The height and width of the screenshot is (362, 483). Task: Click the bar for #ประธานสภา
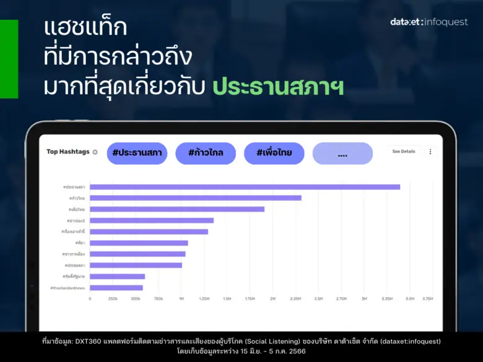245,187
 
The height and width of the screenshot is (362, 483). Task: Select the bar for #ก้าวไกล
196,198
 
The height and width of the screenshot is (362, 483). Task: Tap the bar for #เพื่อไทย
177,209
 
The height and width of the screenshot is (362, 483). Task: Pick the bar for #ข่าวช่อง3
152,220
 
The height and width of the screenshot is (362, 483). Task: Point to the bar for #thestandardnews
116,288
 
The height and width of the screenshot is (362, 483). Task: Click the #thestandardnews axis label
67,288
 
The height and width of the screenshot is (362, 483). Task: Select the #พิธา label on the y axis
80,243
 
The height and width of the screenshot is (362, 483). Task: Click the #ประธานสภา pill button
137,153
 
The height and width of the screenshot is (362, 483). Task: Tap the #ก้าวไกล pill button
206,153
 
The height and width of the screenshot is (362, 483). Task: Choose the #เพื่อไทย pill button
274,153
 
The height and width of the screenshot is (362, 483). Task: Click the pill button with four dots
342,153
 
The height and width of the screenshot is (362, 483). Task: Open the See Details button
404,152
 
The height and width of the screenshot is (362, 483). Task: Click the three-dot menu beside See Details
430,152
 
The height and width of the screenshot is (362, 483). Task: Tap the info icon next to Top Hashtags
95,152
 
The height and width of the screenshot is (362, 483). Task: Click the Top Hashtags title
68,152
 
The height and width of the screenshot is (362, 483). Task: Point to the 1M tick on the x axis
181,299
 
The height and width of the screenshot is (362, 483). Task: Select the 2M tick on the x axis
272,299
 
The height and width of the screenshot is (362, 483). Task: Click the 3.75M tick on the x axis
427,299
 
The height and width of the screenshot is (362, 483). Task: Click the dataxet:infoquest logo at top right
429,22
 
